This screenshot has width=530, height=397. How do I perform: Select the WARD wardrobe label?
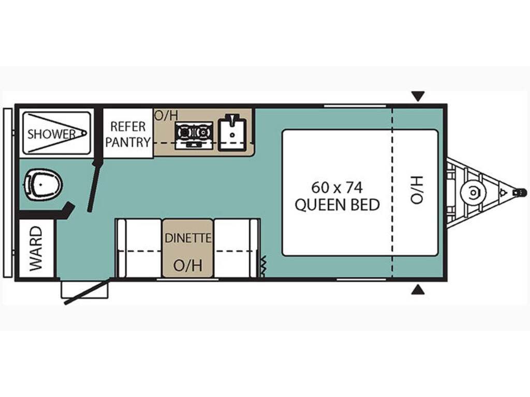coord(36,249)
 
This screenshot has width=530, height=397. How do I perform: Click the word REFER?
coord(128,127)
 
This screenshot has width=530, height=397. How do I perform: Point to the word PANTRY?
coord(128,142)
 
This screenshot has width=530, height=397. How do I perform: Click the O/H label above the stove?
coord(166,116)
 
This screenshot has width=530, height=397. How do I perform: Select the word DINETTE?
coord(188,238)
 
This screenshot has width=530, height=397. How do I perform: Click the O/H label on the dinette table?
coord(188,265)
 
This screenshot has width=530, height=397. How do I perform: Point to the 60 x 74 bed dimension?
coord(337,187)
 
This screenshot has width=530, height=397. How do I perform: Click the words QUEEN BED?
coord(337,205)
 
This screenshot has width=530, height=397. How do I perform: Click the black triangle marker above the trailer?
coord(418,97)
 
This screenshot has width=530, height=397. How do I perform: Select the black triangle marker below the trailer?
coord(418,289)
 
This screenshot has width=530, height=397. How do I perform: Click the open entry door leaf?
coord(87,291)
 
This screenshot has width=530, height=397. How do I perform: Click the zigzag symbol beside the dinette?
coord(263,265)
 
